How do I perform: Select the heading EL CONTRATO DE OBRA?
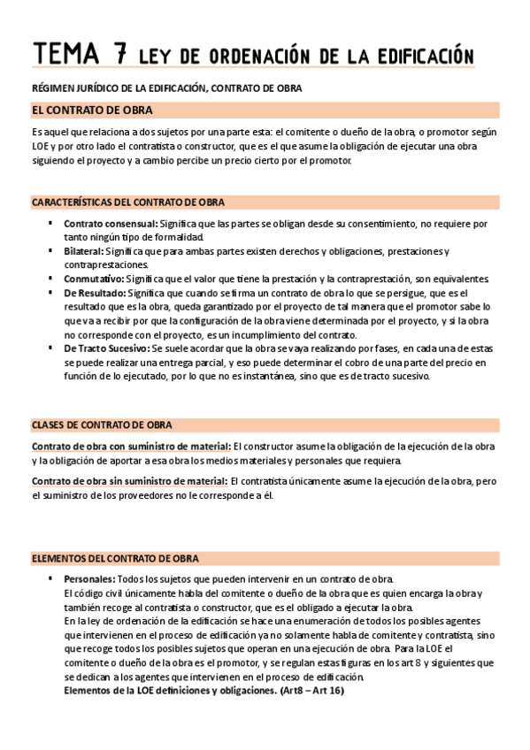[91, 111]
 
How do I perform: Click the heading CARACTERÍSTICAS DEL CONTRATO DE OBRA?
[127, 202]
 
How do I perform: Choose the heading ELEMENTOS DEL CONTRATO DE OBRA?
[114, 558]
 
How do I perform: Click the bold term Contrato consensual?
[110, 224]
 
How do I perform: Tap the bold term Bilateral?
[87, 251]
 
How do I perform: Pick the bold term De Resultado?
[95, 293]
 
